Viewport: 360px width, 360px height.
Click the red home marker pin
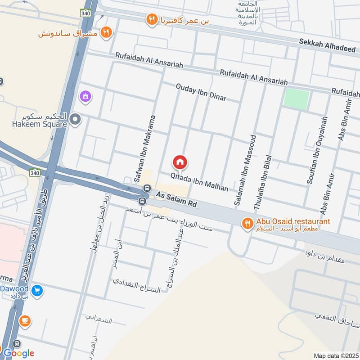click(180, 162)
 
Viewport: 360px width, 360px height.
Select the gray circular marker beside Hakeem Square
click(76, 119)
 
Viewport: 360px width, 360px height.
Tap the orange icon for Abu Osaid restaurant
click(247, 223)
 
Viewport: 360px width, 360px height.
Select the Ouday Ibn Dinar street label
click(201, 92)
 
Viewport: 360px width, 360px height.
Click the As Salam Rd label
click(176, 199)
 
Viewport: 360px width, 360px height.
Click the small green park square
click(297, 99)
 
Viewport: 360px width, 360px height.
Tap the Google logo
click(18, 353)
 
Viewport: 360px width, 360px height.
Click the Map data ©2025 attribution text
click(336, 355)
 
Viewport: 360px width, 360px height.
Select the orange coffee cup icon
click(25, 321)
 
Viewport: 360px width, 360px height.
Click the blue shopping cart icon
click(38, 291)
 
